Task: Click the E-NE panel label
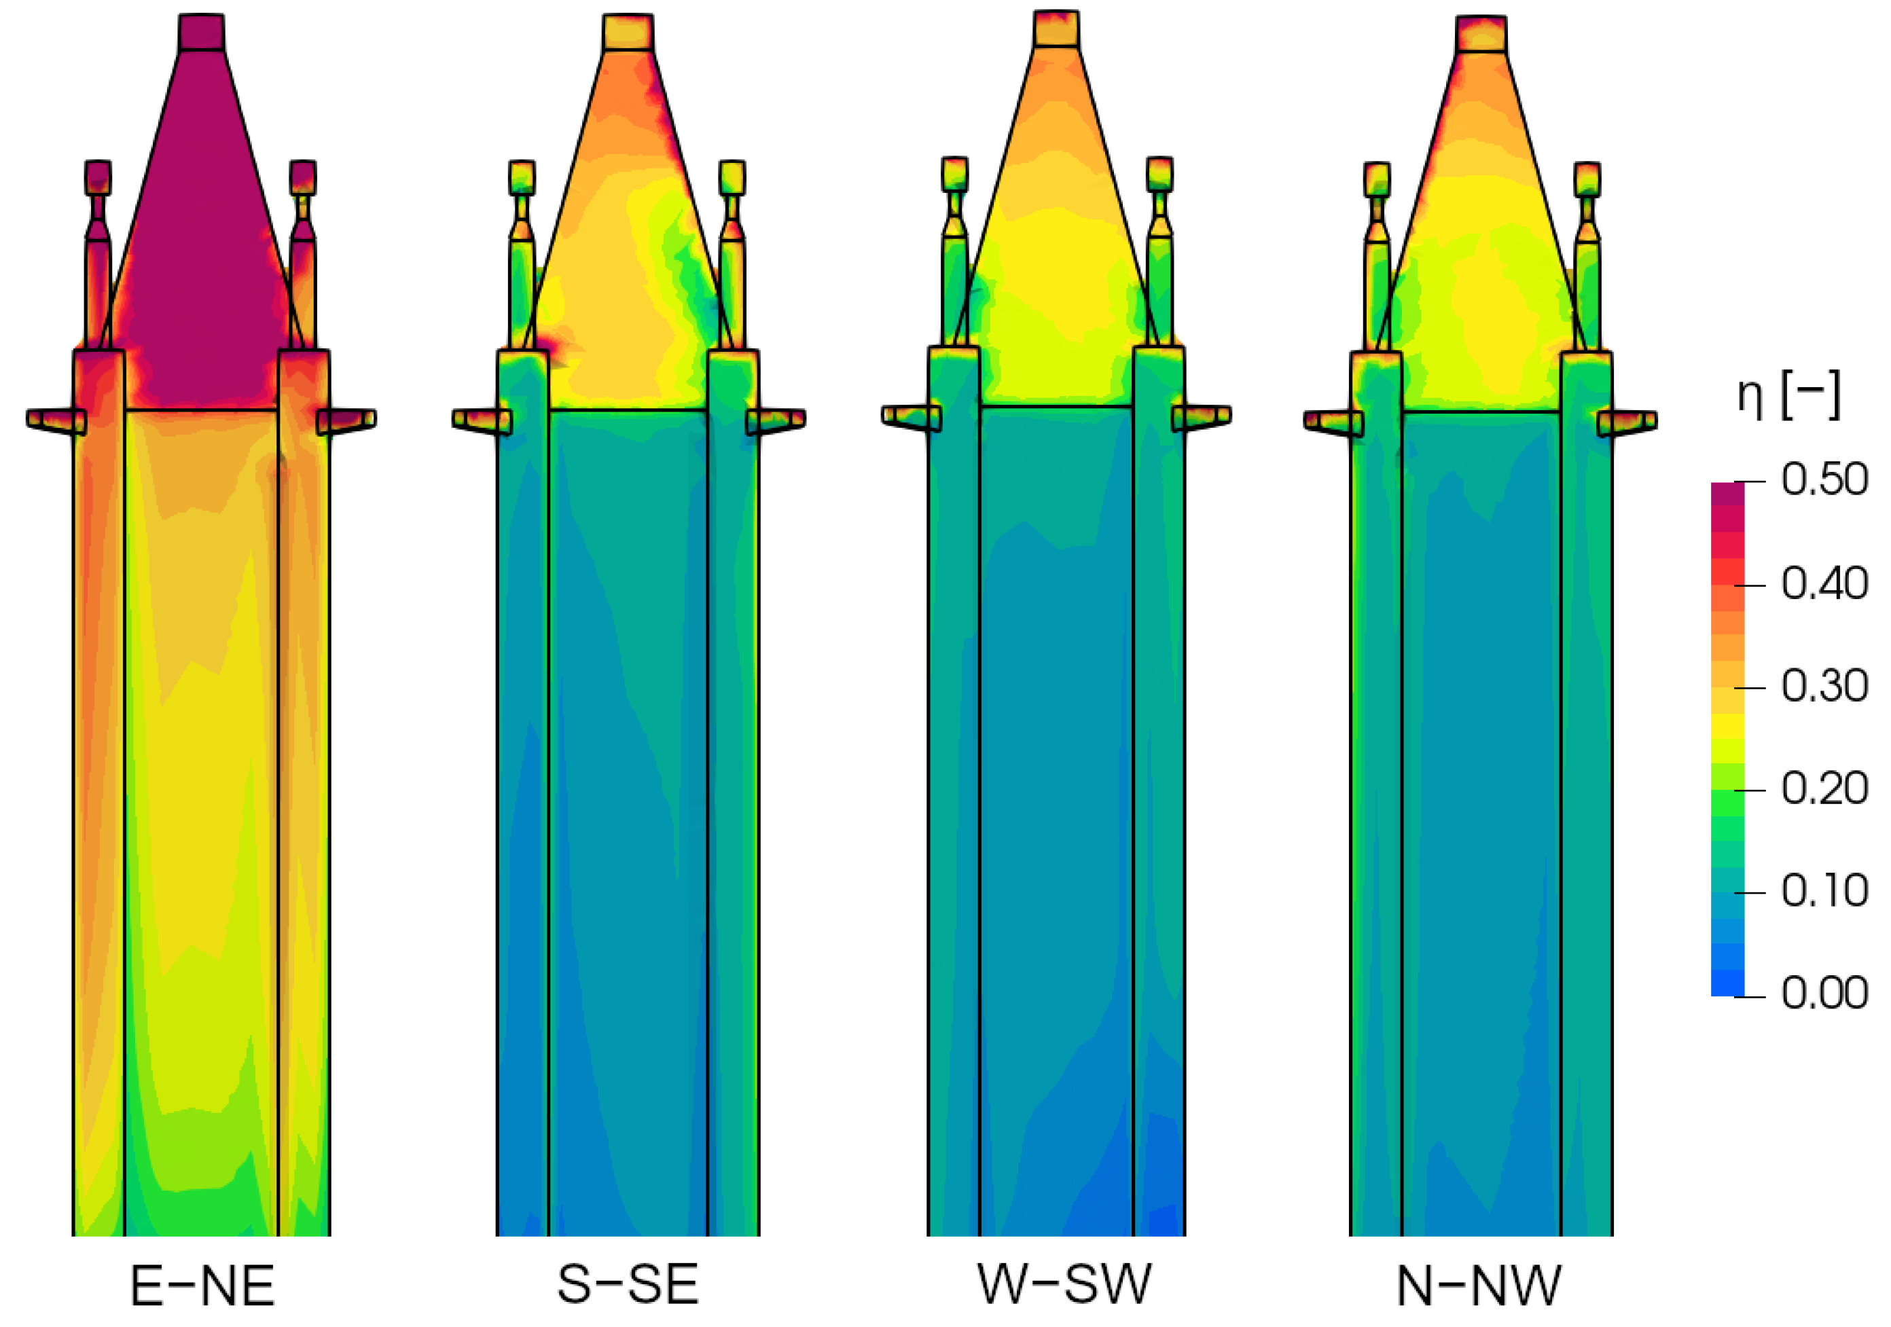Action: pyautogui.click(x=202, y=1286)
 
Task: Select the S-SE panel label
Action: pyautogui.click(x=628, y=1284)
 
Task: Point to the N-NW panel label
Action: pyautogui.click(x=1479, y=1286)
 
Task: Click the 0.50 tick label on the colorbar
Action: pyautogui.click(x=1824, y=479)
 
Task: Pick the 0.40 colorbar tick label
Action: pyautogui.click(x=1824, y=584)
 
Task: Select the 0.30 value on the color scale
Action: pyautogui.click(x=1824, y=686)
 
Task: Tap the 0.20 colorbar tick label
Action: pyautogui.click(x=1824, y=789)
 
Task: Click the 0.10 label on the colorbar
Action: pyautogui.click(x=1824, y=891)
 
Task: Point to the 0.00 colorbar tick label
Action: pyautogui.click(x=1824, y=994)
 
